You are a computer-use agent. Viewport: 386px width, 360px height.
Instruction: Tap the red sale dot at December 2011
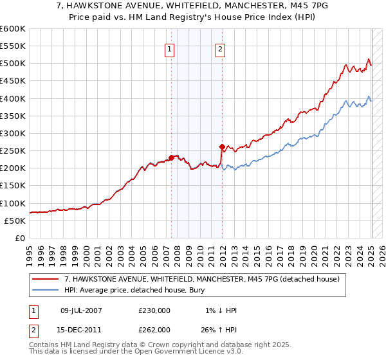tap(222, 147)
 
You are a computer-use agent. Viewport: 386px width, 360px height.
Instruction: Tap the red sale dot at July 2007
tap(171, 157)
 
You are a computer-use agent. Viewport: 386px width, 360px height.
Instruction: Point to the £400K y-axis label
tap(13, 98)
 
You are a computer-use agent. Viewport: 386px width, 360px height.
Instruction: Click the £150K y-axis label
tap(13, 186)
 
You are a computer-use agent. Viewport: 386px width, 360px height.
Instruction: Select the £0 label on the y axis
tap(21, 239)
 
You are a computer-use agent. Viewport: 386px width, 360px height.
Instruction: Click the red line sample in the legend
tap(46, 279)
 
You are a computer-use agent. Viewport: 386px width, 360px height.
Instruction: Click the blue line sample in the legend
tap(46, 289)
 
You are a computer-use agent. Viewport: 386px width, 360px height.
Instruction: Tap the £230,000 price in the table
tap(154, 310)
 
